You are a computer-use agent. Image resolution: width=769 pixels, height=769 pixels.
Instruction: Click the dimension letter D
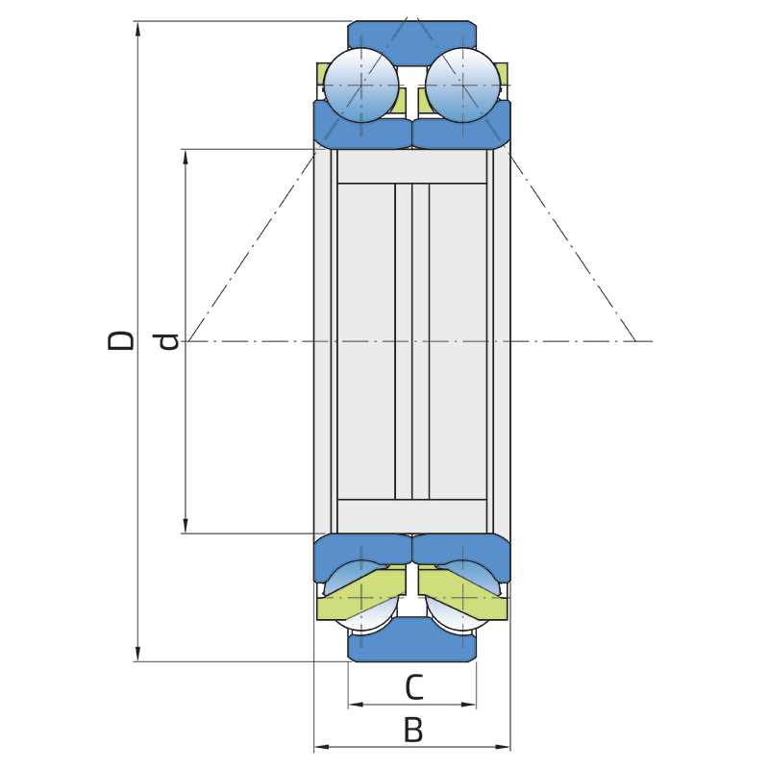[x=121, y=340]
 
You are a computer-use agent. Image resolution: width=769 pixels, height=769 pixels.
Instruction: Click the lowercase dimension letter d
[x=168, y=341]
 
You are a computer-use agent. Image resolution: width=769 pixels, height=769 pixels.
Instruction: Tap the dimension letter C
[x=412, y=687]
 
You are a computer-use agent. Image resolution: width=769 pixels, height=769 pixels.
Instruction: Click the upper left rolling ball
[x=360, y=85]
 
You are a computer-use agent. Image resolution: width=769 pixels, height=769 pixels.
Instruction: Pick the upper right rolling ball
[x=462, y=85]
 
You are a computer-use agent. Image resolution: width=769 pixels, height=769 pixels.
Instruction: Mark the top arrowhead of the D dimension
[x=138, y=28]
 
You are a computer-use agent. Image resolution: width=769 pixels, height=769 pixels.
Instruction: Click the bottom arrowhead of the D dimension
[x=138, y=655]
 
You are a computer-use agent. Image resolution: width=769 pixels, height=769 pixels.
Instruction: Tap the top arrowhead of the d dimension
[x=186, y=156]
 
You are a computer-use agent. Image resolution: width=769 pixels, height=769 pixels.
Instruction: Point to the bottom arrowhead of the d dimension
[x=186, y=526]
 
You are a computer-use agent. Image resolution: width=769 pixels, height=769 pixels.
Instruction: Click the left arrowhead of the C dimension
[x=354, y=705]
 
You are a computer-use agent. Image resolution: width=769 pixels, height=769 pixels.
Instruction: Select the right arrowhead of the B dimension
[x=504, y=746]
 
